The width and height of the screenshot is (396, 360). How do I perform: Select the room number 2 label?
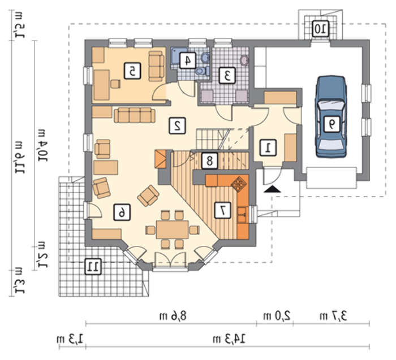(178, 125)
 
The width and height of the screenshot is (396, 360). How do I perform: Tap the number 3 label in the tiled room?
(227, 74)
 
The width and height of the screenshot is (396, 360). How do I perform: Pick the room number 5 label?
(132, 71)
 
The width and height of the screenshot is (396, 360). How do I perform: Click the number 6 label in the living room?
(121, 211)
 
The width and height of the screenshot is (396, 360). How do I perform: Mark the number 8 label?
(209, 161)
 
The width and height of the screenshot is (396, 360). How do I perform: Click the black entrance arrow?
(272, 189)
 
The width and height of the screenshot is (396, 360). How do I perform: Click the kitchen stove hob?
(240, 183)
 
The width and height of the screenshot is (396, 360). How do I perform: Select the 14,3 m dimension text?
(230, 339)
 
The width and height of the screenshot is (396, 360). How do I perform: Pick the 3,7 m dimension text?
(334, 314)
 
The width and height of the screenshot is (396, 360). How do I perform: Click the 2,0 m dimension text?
(278, 314)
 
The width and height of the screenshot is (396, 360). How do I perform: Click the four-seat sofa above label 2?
(134, 116)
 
